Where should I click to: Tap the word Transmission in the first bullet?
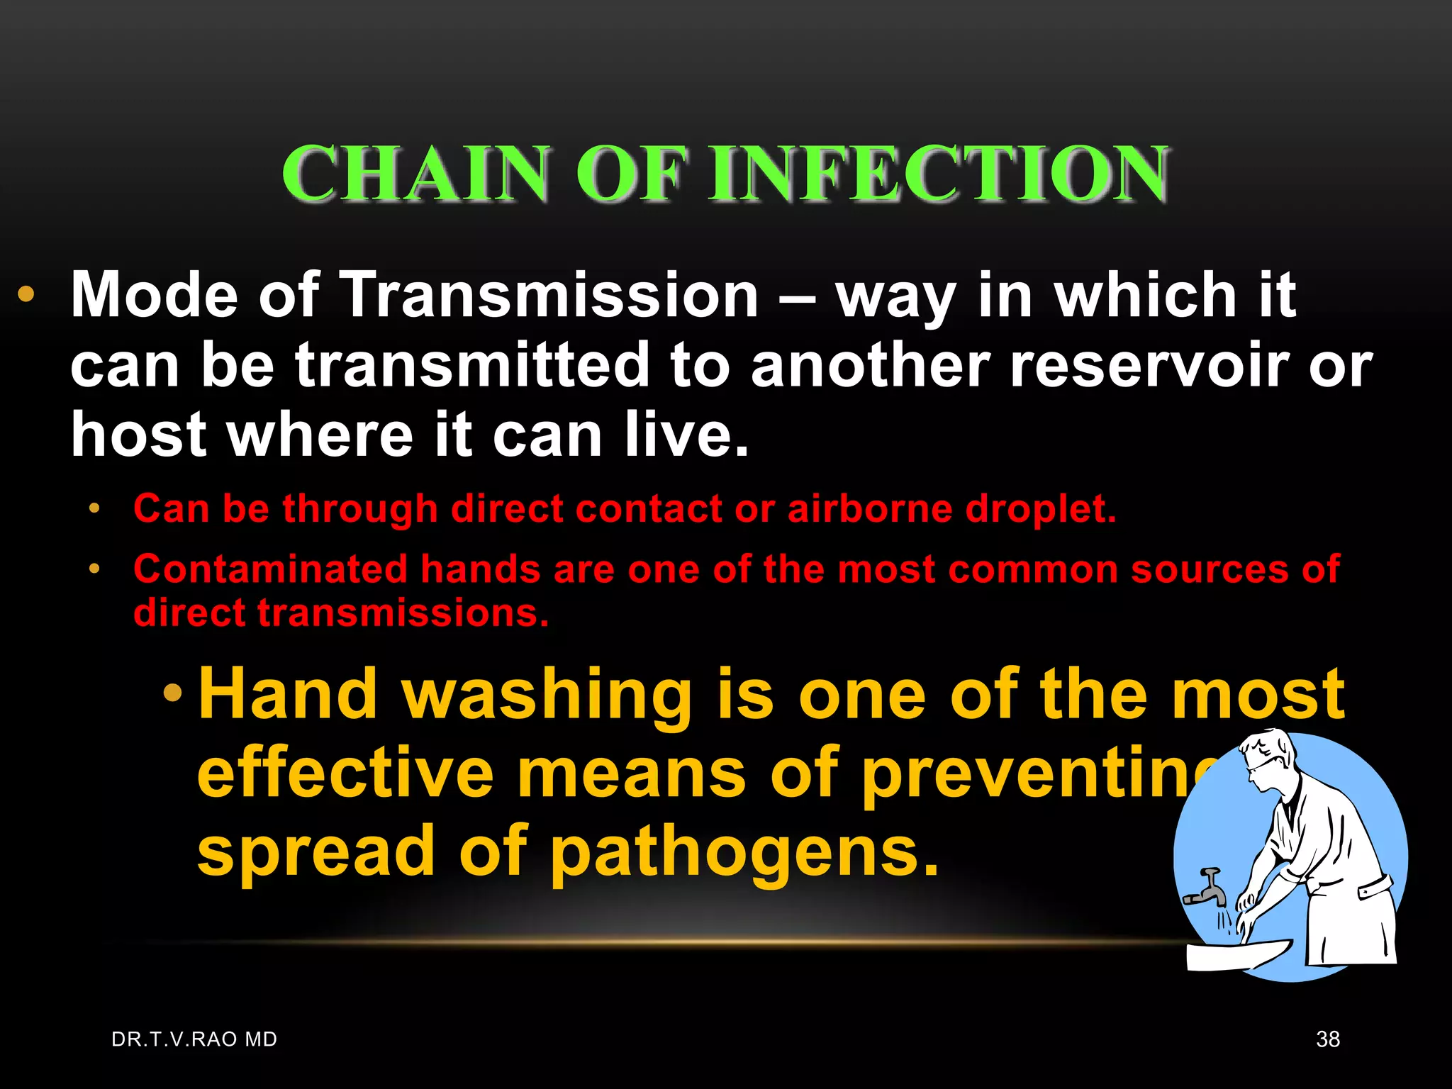pos(549,295)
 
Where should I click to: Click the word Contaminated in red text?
pos(270,569)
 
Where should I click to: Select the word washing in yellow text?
pos(547,696)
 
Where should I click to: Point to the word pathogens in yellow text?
pos(744,853)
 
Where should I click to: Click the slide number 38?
pos(1327,1039)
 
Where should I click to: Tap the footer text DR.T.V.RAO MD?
pos(194,1039)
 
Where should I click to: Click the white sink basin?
pos(1234,954)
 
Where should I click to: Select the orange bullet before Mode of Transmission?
pos(26,295)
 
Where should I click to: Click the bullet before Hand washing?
pos(172,693)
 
